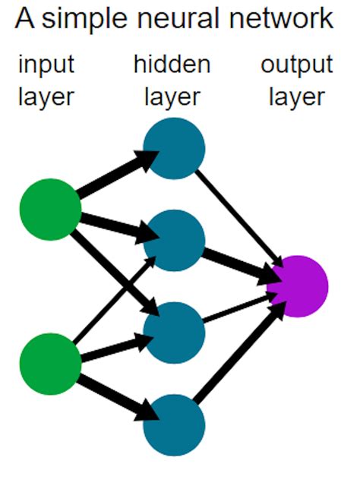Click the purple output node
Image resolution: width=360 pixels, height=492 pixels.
(x=297, y=286)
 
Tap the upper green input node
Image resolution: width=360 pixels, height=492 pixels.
(x=50, y=209)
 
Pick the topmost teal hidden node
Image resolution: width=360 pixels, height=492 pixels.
(x=174, y=148)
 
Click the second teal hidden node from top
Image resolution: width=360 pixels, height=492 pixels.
(x=174, y=241)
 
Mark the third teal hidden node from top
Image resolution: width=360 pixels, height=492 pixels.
(x=174, y=333)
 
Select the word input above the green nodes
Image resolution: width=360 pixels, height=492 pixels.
(x=46, y=65)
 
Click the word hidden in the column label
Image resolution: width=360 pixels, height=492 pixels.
(x=172, y=65)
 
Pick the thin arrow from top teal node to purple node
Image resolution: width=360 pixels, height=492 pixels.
(x=235, y=216)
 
